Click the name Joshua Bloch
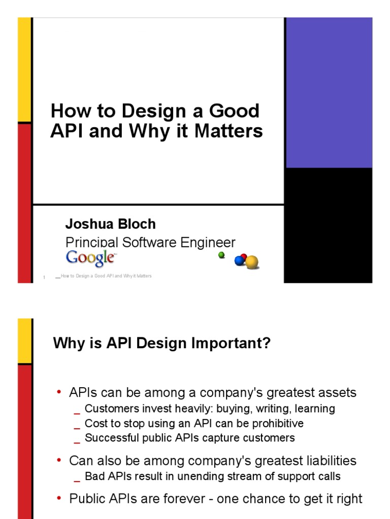(x=110, y=224)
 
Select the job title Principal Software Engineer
(x=150, y=242)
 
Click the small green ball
(x=221, y=255)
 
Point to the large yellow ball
(x=252, y=262)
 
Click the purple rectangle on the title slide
(x=329, y=93)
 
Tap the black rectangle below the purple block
(x=329, y=225)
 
